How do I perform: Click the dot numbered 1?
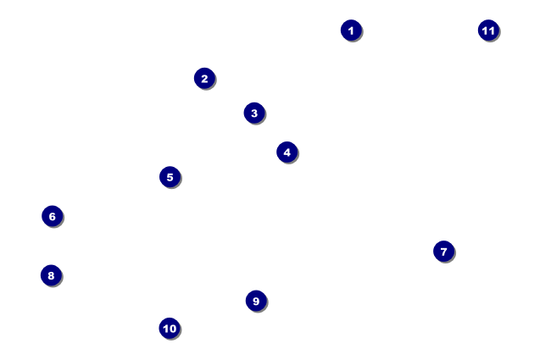click(x=351, y=30)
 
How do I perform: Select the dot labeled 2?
click(x=204, y=78)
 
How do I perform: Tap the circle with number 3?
click(x=254, y=113)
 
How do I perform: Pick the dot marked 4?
click(x=287, y=152)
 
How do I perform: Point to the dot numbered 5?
click(x=170, y=177)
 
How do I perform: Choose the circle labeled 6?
click(x=53, y=216)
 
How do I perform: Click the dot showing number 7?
click(x=444, y=251)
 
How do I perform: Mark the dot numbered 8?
click(x=52, y=275)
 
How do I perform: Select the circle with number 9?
click(x=256, y=301)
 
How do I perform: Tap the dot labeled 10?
click(x=170, y=328)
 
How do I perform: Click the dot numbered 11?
click(x=488, y=30)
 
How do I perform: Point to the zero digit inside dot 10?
click(x=172, y=329)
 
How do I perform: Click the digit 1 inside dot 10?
click(x=165, y=329)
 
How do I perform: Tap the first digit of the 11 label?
click(x=485, y=30)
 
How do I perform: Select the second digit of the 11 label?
click(x=492, y=30)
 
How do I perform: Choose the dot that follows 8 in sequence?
click(x=256, y=301)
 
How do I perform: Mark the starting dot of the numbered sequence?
click(x=351, y=30)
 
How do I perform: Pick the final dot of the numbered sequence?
click(x=488, y=30)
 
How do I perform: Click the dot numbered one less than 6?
click(x=170, y=177)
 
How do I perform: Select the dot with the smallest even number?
click(x=204, y=78)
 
